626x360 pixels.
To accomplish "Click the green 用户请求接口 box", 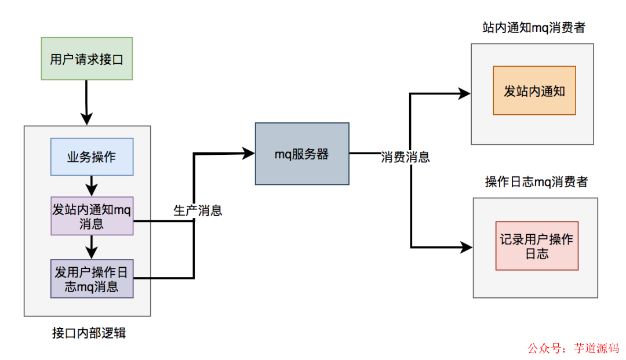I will pyautogui.click(x=87, y=59).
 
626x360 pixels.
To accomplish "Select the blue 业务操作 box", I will pyautogui.click(x=92, y=157).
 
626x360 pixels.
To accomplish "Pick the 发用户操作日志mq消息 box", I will pyautogui.click(x=92, y=279).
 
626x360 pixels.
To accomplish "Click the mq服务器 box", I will pyautogui.click(x=302, y=154).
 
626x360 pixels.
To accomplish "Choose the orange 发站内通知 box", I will pyautogui.click(x=534, y=90).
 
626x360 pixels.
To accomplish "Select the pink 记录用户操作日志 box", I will pyautogui.click(x=537, y=246).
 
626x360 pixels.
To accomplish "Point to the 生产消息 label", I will pyautogui.click(x=198, y=211).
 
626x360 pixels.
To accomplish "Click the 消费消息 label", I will pyautogui.click(x=405, y=157).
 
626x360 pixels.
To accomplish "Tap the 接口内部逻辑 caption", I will pyautogui.click(x=89, y=333).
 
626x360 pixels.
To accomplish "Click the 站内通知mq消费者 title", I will pyautogui.click(x=533, y=28).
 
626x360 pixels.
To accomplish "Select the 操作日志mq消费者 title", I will pyautogui.click(x=536, y=182).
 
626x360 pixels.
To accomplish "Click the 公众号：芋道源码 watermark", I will pyautogui.click(x=573, y=348).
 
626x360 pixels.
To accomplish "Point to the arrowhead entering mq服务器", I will pyautogui.click(x=249, y=153).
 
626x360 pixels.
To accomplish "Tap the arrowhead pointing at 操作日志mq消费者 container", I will pyautogui.click(x=466, y=247).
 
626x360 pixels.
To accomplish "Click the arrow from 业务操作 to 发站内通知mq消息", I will pyautogui.click(x=91, y=186).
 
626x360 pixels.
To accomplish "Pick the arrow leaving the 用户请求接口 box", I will pyautogui.click(x=86, y=101).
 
